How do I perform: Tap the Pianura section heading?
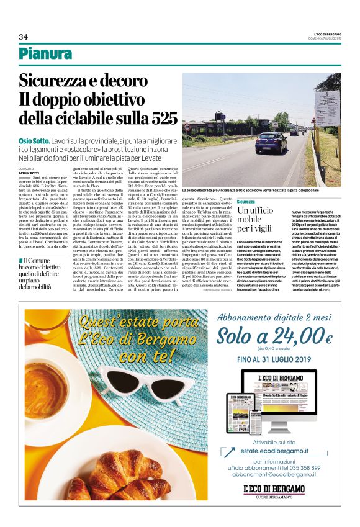[45, 54]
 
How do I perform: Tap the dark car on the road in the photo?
[271, 143]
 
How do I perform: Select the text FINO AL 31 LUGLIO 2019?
[274, 359]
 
